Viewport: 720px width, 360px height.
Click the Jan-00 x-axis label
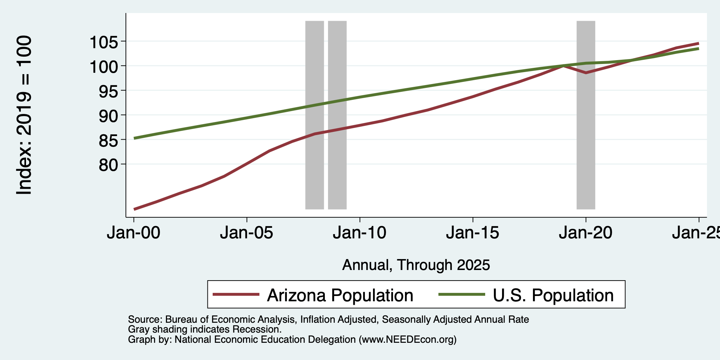134,233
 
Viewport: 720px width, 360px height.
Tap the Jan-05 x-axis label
247,233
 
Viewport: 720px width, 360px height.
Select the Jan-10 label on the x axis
360,233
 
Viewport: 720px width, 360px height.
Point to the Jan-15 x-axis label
473,233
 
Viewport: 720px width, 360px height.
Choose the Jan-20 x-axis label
586,233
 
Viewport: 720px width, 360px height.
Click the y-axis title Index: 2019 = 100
24,115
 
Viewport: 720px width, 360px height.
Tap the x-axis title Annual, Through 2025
416,265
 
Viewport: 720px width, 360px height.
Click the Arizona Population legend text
340,295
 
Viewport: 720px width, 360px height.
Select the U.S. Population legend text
553,295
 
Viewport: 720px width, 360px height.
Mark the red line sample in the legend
236,295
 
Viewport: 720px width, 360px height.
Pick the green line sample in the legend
462,295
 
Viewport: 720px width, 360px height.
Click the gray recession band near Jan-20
586,115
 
